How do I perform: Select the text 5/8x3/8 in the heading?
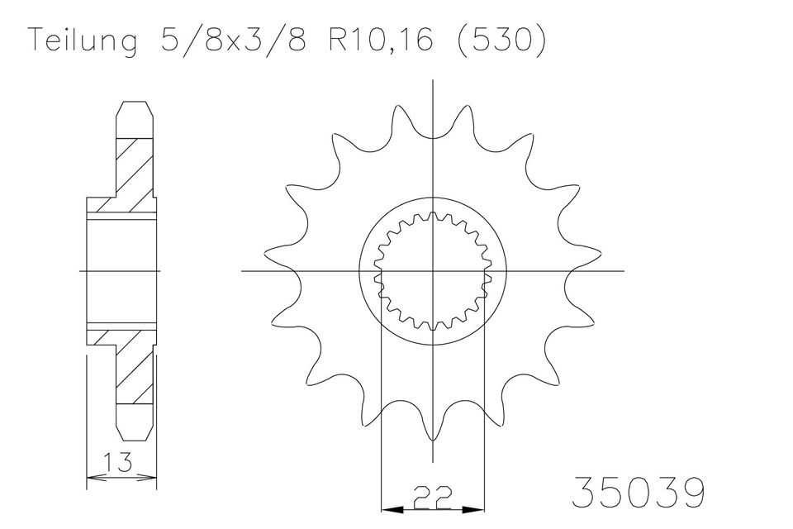click(233, 39)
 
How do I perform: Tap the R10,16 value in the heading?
click(381, 40)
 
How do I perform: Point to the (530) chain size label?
click(501, 40)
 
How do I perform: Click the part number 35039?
click(638, 492)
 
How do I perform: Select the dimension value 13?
click(118, 462)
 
